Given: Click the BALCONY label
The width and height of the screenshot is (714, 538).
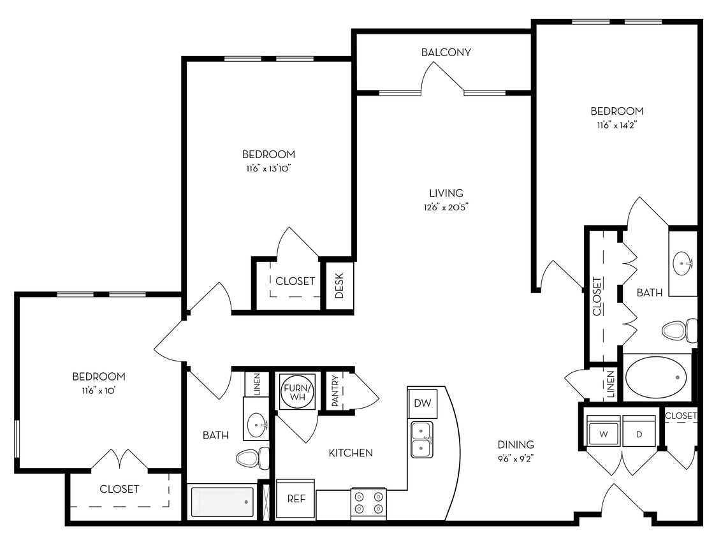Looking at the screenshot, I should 446,52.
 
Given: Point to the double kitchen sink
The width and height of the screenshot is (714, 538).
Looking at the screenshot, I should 421,439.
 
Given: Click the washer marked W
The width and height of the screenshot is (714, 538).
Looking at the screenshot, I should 602,434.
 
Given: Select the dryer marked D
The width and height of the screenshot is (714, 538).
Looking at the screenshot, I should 639,434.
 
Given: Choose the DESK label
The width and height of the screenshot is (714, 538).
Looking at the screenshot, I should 339,286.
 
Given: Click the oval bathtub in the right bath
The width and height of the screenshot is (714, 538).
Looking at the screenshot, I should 657,377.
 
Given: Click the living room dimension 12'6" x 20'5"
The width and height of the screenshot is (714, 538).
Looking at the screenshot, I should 446,206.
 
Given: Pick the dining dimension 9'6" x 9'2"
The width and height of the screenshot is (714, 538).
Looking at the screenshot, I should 516,457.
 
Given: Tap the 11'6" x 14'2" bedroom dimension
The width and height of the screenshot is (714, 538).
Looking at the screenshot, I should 616,125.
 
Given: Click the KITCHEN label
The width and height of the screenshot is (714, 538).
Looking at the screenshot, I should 351,453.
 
